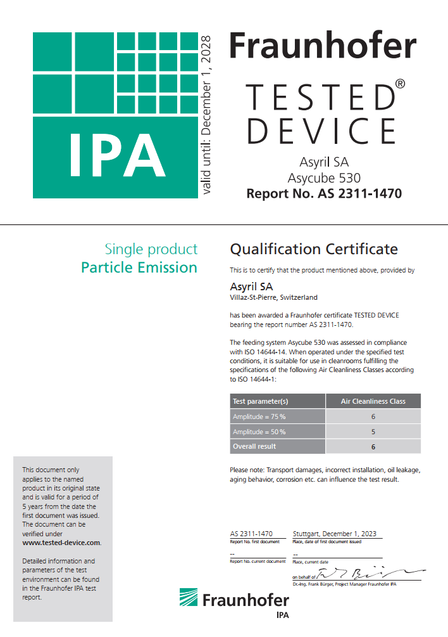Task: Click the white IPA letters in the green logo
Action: point(117,155)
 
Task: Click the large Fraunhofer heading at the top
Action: point(322,46)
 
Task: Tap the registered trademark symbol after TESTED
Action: point(400,84)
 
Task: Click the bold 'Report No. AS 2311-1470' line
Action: point(324,193)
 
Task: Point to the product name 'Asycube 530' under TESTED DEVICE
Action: point(324,177)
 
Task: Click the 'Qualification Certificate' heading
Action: point(314,248)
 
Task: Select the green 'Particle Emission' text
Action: point(139,267)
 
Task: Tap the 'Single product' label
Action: point(151,249)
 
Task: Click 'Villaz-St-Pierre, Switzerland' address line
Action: point(273,297)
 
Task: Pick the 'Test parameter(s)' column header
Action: point(261,401)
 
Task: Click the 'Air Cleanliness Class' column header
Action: point(373,401)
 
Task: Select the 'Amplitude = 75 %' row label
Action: point(259,416)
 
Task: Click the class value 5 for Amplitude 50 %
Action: point(373,432)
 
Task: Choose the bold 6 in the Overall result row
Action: point(373,446)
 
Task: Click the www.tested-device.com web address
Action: point(61,543)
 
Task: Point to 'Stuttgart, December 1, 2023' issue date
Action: point(335,534)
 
